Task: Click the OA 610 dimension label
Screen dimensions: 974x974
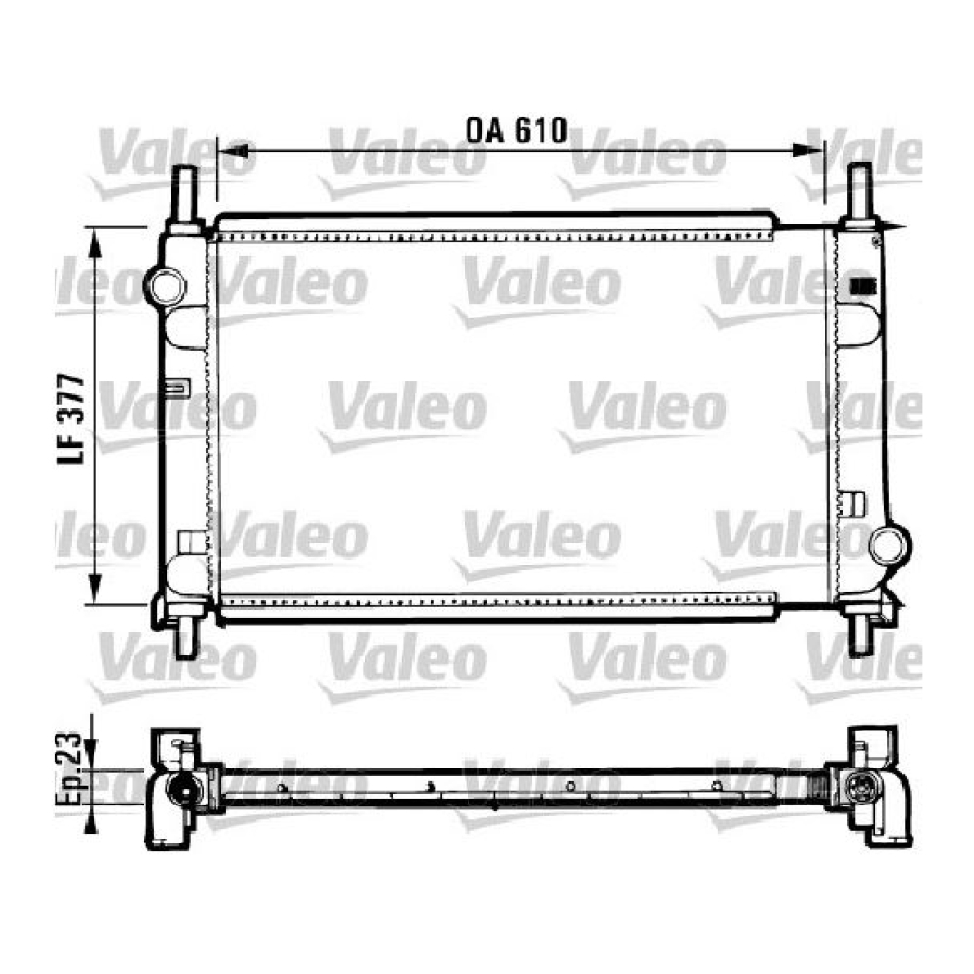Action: point(517,131)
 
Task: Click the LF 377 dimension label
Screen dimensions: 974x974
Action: point(71,419)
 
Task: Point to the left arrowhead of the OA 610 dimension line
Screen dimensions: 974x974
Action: point(234,151)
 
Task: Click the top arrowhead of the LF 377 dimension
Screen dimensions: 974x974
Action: point(94,243)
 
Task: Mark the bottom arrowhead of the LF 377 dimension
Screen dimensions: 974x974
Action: point(94,587)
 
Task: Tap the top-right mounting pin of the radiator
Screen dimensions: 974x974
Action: point(860,193)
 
